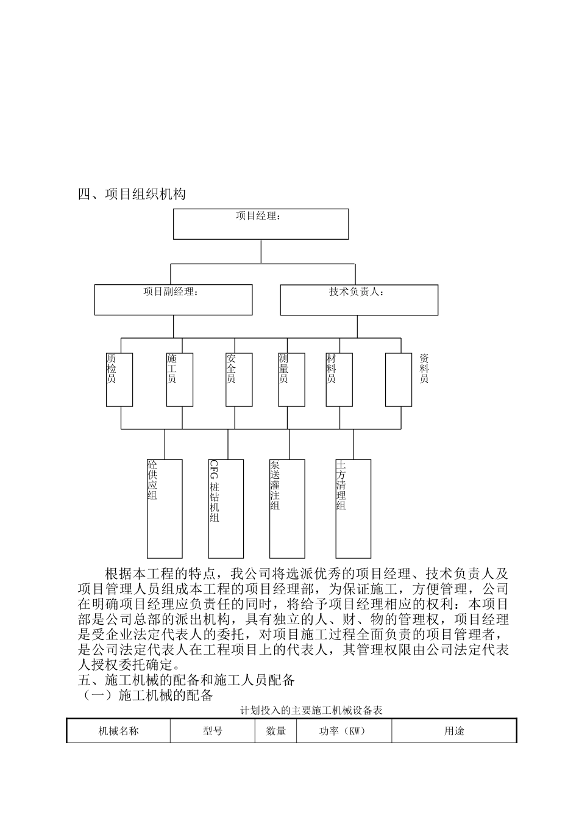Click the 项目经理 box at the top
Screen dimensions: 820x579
point(261,224)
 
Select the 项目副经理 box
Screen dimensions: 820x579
point(173,300)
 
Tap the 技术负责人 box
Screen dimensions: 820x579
point(358,300)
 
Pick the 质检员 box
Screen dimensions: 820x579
point(119,379)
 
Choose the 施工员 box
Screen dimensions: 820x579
point(179,379)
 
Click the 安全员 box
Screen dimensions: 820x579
point(239,379)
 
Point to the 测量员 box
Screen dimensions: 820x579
point(291,379)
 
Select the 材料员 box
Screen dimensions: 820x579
point(339,379)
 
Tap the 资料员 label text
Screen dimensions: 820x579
point(424,369)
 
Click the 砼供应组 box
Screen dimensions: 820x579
point(165,508)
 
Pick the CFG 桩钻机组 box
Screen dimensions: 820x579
point(226,508)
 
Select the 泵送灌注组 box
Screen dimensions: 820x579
point(286,508)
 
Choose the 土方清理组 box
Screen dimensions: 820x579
point(353,508)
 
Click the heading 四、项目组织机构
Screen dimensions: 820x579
point(132,195)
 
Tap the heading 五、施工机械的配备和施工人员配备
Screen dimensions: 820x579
point(186,680)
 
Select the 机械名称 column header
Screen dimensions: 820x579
point(119,730)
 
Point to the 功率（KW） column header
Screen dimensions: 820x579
point(343,730)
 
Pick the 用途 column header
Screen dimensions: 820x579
point(454,730)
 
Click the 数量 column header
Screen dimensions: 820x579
point(275,730)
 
